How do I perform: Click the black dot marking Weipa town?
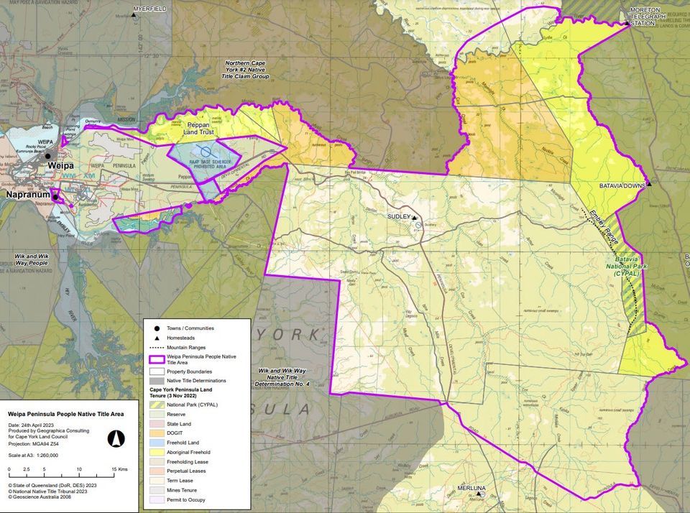tap(48, 156)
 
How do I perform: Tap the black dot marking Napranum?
tap(55, 195)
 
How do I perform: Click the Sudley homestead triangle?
tap(415, 216)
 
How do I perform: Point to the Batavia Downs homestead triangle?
tap(649, 185)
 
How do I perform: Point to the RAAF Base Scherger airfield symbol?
tap(206, 152)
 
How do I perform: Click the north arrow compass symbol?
tap(116, 438)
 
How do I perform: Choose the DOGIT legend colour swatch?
tap(156, 435)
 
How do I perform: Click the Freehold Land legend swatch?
tap(156, 443)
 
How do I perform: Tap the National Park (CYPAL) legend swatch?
tap(156, 405)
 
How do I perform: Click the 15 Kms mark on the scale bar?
tap(114, 469)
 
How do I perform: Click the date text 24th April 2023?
tap(40, 425)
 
